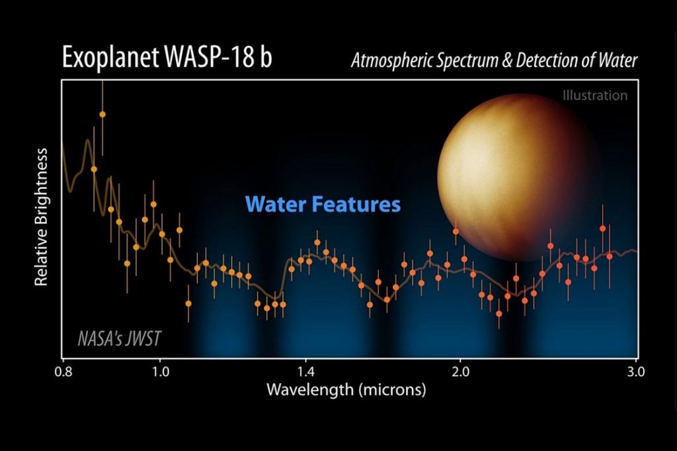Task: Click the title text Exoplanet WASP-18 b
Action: pos(167,59)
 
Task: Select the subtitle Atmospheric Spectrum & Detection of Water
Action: pos(494,61)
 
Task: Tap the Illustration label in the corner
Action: pos(594,95)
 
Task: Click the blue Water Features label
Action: pos(323,204)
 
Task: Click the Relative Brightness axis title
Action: pos(42,217)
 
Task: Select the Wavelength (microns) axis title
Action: pos(346,390)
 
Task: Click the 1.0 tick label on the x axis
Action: pos(159,370)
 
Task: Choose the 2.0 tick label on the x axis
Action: pos(460,370)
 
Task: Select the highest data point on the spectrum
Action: pos(102,114)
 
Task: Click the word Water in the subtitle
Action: pos(616,61)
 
